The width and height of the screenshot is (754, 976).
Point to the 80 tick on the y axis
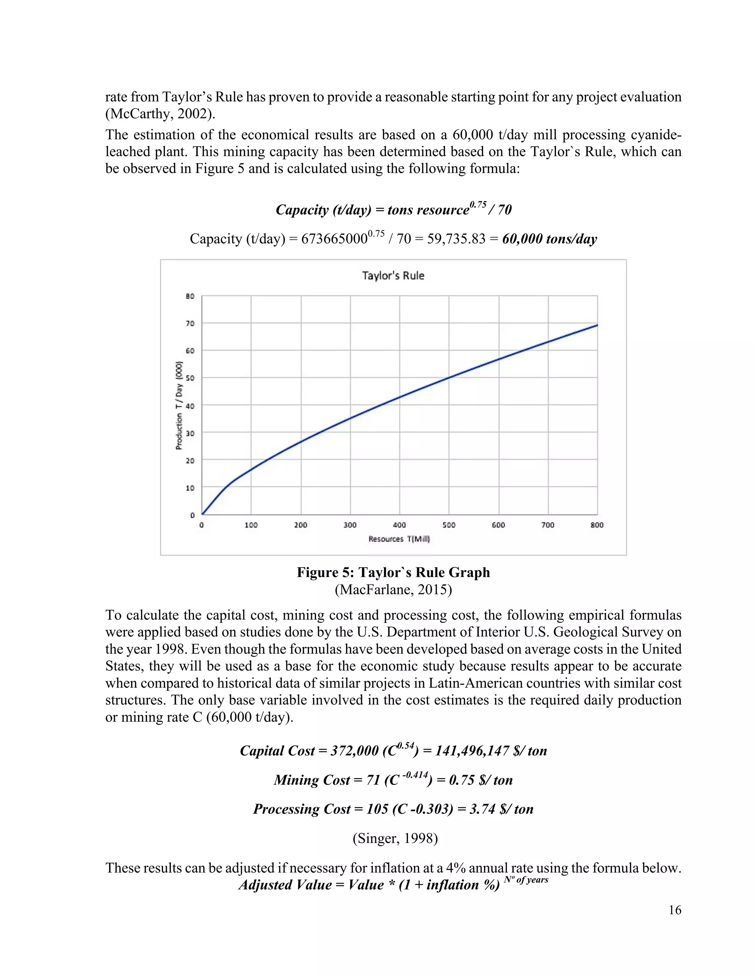coord(190,296)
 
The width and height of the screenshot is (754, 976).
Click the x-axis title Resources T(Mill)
coord(399,539)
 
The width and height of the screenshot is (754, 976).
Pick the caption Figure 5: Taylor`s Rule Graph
coord(393,572)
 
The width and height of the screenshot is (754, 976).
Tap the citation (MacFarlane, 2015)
coord(393,590)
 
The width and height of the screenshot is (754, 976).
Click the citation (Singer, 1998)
coord(395,838)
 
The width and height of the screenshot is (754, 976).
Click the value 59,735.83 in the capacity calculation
coord(456,239)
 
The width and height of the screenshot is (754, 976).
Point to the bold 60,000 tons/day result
coord(549,239)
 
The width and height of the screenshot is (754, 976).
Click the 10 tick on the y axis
coord(190,488)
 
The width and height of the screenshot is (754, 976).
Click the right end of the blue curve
coord(597,325)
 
